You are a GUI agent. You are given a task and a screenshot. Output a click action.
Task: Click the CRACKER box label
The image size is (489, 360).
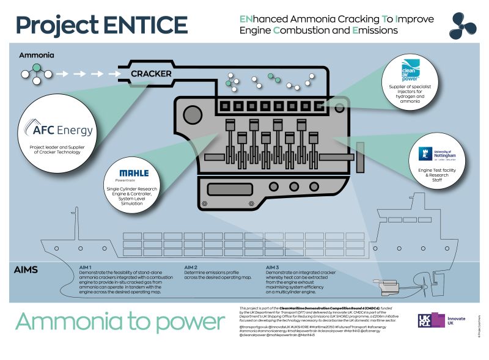(151, 75)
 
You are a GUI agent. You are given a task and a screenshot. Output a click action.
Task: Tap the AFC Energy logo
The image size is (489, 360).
(60, 130)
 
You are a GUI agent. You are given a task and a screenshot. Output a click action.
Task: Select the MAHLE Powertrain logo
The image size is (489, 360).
(134, 175)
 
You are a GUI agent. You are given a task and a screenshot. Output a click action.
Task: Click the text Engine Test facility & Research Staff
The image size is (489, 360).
(435, 177)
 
